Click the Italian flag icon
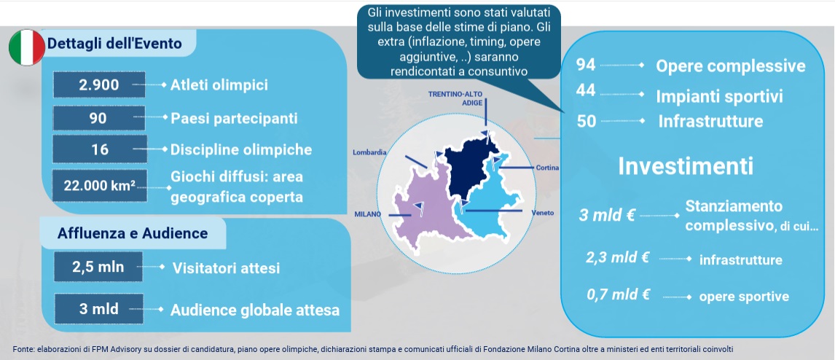click(27, 47)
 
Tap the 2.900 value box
click(99, 85)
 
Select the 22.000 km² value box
click(100, 185)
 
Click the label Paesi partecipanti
click(234, 118)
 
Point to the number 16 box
click(100, 149)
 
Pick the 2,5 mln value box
click(98, 267)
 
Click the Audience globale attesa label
click(254, 310)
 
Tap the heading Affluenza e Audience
click(133, 233)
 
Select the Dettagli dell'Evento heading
click(114, 43)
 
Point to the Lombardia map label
click(369, 152)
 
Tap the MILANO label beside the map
click(368, 214)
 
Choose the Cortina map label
click(547, 168)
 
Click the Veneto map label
click(543, 213)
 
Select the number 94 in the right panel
click(586, 65)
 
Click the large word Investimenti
click(686, 166)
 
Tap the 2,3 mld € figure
click(617, 257)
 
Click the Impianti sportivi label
click(719, 96)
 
